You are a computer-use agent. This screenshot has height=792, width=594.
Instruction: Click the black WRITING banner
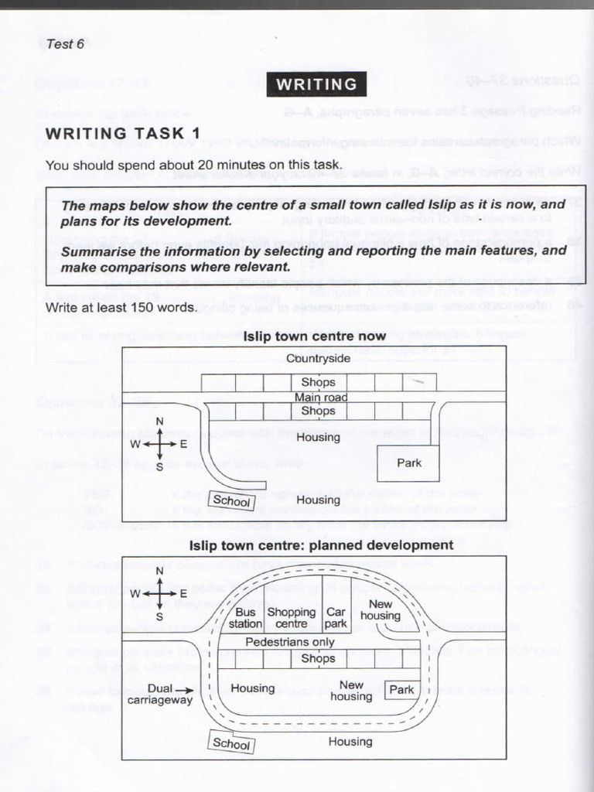tap(316, 84)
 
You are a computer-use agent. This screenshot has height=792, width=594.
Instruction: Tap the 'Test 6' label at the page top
tap(65, 44)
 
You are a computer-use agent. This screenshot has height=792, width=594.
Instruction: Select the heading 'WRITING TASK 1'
tap(122, 133)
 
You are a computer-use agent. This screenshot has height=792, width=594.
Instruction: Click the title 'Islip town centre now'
tap(314, 337)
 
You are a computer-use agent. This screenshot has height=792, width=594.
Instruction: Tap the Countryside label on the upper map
tap(318, 358)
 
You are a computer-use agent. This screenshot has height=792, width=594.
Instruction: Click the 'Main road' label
tap(321, 398)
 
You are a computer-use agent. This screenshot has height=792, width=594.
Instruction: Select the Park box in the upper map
tap(408, 463)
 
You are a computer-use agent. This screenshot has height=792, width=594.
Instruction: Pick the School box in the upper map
tap(232, 501)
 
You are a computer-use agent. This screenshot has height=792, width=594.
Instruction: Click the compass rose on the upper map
tap(160, 444)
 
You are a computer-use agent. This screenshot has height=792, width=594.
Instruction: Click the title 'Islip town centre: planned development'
tap(321, 545)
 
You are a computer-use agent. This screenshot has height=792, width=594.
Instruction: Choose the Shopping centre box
tap(292, 617)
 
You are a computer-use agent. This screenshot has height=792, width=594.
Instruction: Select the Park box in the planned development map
tap(401, 690)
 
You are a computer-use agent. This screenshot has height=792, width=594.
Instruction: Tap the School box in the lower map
tap(232, 743)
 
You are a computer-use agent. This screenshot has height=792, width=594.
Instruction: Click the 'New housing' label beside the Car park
tap(380, 609)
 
